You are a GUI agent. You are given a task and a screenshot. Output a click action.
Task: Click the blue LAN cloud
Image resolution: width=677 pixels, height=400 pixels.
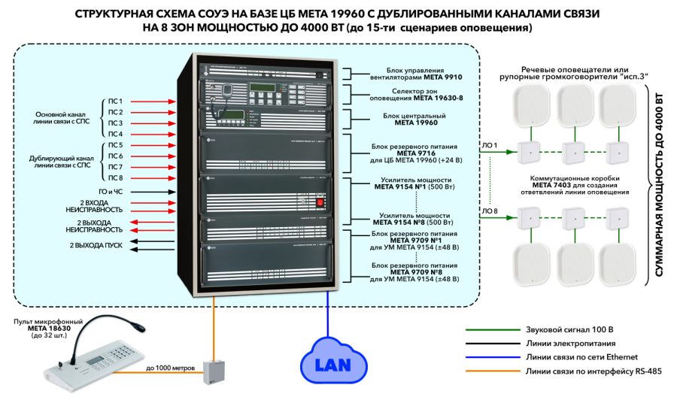pos(328,366)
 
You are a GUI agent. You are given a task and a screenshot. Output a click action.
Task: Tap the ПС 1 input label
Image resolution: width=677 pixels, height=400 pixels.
pos(115,101)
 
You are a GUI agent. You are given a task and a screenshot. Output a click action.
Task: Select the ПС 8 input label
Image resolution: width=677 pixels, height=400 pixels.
pos(115,177)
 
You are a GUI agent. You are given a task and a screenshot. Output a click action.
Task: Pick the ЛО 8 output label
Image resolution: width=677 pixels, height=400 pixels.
pos(488,211)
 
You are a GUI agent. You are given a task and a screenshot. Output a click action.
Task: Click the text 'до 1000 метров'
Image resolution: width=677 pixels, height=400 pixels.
pos(171,368)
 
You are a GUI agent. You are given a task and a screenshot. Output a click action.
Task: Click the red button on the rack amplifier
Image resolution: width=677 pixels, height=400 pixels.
pos(319,203)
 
